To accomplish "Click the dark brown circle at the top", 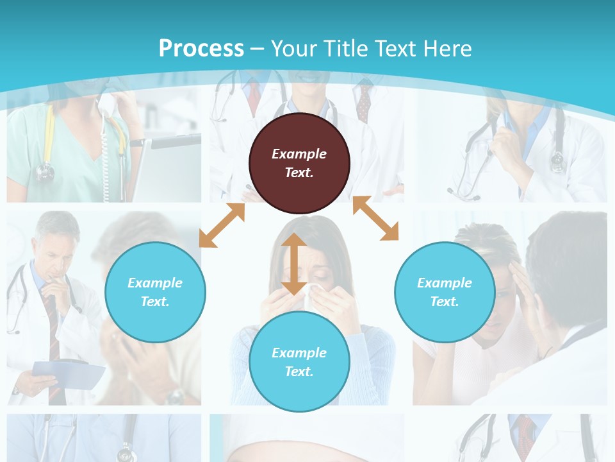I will tap(299, 163).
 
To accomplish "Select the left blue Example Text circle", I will tap(155, 292).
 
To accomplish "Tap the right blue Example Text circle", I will tap(445, 292).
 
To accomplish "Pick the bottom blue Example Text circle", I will tap(299, 361).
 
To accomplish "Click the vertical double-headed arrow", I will tap(293, 264).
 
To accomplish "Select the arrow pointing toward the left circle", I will tap(222, 225).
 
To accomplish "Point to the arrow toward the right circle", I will tap(375, 219).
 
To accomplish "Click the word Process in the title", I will tap(201, 48).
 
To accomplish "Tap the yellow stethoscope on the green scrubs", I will tap(46, 141).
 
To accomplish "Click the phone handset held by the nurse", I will tap(105, 103).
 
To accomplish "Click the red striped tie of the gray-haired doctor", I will tap(54, 334).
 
